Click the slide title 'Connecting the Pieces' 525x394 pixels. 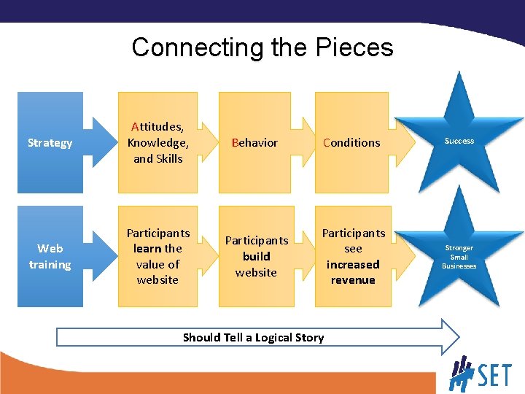coord(262,47)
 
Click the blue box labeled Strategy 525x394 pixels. coord(50,142)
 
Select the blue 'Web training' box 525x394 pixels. coord(50,257)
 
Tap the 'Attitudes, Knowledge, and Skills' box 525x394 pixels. coord(158,142)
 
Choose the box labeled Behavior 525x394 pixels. coord(255,142)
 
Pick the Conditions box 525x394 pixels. coord(351,142)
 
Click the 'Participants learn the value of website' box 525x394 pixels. coord(158,256)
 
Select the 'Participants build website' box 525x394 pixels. coord(256,256)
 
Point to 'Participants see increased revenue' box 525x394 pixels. coord(353,256)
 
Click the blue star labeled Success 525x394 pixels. coord(459,141)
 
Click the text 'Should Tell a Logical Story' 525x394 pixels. coord(253,337)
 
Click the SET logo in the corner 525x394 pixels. coord(481,374)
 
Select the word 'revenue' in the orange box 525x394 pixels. coord(353,280)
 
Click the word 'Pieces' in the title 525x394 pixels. coord(354,47)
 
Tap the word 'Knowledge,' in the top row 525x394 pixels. coord(158,142)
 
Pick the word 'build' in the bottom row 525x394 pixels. coord(256,256)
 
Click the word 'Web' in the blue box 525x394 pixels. coord(50,249)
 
